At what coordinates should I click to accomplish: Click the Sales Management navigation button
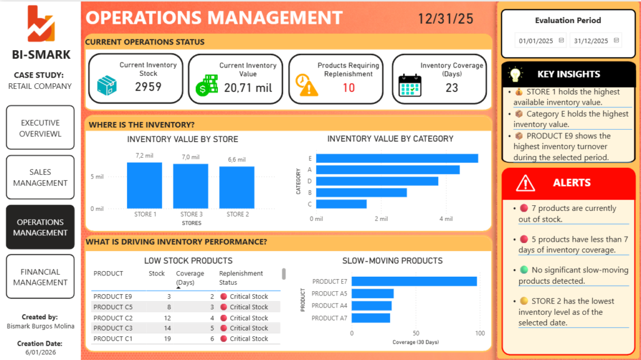[x=40, y=177]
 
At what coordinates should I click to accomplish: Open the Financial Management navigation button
[x=40, y=277]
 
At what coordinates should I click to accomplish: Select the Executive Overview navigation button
[x=40, y=128]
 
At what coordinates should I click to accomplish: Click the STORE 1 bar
[x=145, y=185]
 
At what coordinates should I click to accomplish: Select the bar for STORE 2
[x=237, y=187]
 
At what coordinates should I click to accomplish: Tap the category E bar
[x=397, y=158]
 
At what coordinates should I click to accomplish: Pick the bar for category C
[x=341, y=203]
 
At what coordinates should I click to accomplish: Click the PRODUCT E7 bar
[x=414, y=282]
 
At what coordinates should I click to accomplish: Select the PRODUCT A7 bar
[x=371, y=318]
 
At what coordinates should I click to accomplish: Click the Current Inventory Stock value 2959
[x=148, y=87]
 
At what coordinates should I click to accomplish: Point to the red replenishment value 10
[x=349, y=88]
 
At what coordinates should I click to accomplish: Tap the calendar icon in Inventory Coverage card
[x=409, y=86]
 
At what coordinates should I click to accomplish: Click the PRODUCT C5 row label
[x=113, y=307]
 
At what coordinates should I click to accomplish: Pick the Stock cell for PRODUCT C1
[x=168, y=339]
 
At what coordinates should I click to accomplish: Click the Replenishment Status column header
[x=241, y=278]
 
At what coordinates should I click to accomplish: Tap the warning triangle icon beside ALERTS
[x=525, y=183]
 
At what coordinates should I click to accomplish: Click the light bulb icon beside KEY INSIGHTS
[x=515, y=75]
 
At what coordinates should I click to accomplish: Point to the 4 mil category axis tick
[x=446, y=219]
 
